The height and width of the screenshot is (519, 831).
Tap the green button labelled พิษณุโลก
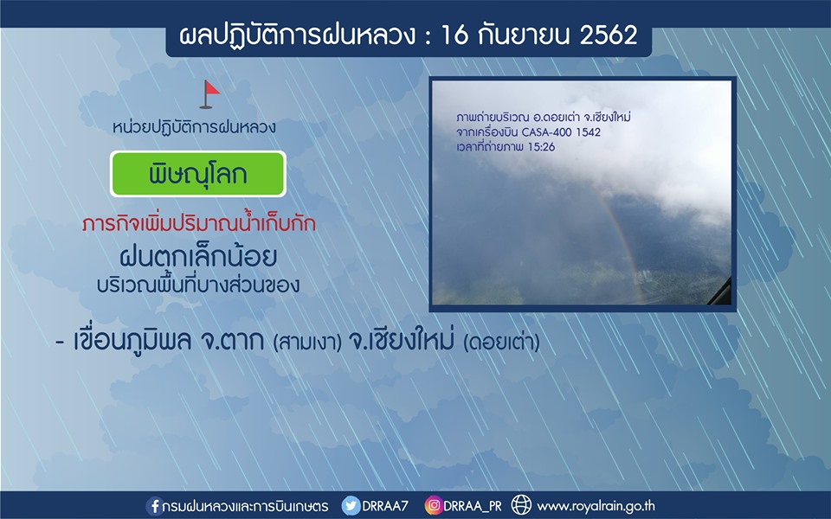197,174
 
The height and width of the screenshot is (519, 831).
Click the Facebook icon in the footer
154,506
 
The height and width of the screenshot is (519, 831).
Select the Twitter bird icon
351,506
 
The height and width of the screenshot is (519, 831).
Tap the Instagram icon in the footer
433,506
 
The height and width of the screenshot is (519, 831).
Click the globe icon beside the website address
521,505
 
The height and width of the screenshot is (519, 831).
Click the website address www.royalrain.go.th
596,506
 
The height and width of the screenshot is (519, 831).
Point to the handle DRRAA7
385,506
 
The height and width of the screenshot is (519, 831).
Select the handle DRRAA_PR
473,506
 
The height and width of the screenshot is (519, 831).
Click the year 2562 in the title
609,35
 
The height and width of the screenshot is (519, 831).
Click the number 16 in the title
454,35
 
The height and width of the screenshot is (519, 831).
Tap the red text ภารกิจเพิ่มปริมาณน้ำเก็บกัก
199,223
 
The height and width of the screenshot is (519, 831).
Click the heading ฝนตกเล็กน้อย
198,258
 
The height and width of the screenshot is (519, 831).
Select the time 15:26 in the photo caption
541,147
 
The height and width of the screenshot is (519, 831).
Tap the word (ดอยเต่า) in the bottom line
501,343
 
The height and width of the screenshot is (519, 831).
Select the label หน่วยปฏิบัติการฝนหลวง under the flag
194,127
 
